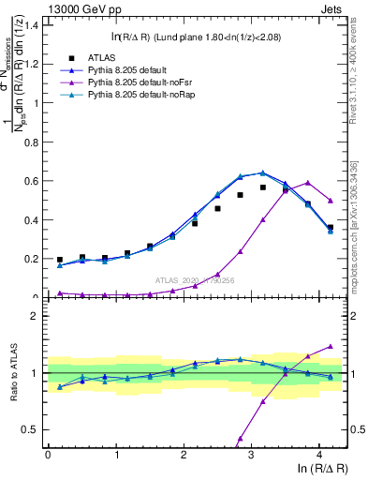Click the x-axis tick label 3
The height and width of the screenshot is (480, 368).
coord(251,455)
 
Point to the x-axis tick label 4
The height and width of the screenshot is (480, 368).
coord(319,455)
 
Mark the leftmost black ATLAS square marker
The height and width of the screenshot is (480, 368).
coord(60,260)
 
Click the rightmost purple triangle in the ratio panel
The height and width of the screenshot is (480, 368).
coord(331,347)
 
